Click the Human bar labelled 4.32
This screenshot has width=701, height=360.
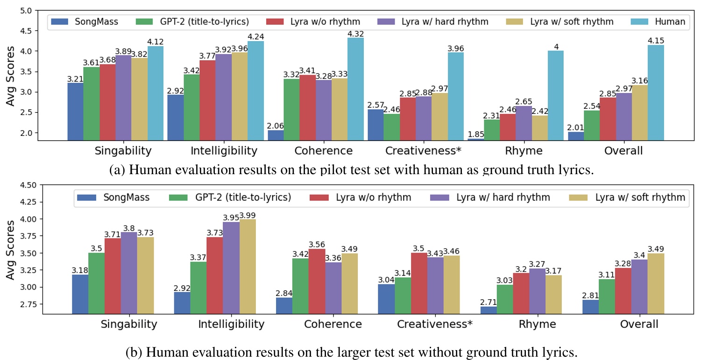(355, 89)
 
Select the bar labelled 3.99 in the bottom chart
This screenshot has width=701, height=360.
(248, 266)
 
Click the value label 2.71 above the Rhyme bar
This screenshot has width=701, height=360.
(488, 302)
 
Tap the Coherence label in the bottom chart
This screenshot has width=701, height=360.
(333, 325)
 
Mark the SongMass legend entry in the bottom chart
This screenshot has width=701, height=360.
(114, 198)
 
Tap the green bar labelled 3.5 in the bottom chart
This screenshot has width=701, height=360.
(96, 283)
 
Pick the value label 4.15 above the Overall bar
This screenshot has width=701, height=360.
(656, 41)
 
